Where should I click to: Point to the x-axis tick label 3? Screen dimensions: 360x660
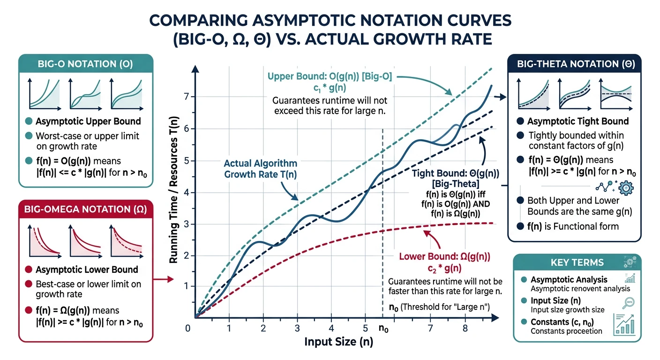point(297,328)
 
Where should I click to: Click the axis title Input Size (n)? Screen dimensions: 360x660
point(339,342)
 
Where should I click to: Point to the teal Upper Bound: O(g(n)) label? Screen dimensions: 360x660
point(330,76)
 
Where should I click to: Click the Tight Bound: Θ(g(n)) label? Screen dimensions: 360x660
point(454,173)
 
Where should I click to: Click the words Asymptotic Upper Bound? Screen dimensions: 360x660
point(88,121)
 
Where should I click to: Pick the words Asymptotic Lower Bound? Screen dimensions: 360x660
point(87,270)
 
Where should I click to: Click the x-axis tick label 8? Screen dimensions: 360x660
point(465,328)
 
